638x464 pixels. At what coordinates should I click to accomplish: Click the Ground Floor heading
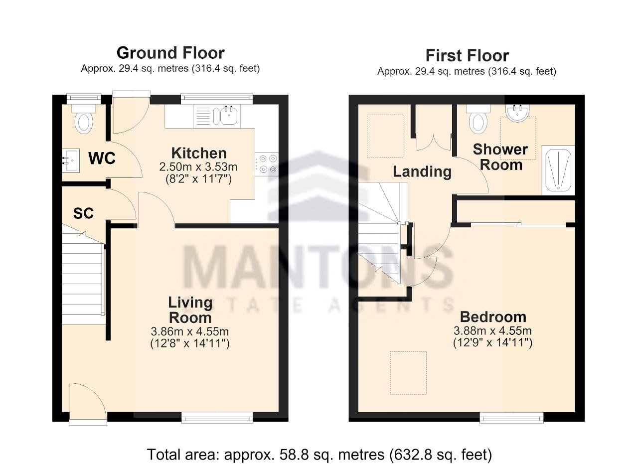pyautogui.click(x=170, y=53)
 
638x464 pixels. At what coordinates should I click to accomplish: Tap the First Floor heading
pyautogui.click(x=467, y=56)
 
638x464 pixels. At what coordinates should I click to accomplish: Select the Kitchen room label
pyautogui.click(x=199, y=153)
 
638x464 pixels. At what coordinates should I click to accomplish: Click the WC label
pyautogui.click(x=102, y=158)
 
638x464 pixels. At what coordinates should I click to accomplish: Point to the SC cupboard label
pyautogui.click(x=83, y=213)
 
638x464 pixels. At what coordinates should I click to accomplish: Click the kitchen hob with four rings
pyautogui.click(x=267, y=164)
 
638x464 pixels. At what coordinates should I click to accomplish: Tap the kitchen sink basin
pyautogui.click(x=229, y=116)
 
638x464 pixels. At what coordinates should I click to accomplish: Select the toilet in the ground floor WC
pyautogui.click(x=84, y=119)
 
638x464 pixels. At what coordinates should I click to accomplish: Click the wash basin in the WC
pyautogui.click(x=71, y=161)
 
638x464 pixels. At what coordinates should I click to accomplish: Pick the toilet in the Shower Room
pyautogui.click(x=478, y=119)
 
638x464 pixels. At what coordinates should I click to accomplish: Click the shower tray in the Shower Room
pyautogui.click(x=559, y=170)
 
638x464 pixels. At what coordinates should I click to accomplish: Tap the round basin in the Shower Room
pyautogui.click(x=518, y=113)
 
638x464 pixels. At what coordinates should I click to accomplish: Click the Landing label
pyautogui.click(x=422, y=172)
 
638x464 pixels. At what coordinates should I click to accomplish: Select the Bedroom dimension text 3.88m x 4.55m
pyautogui.click(x=492, y=331)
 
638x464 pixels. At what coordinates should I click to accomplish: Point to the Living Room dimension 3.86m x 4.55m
pyautogui.click(x=190, y=331)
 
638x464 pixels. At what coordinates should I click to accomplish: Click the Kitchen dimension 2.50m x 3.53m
pyautogui.click(x=198, y=167)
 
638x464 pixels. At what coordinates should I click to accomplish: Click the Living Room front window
pyautogui.click(x=217, y=418)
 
